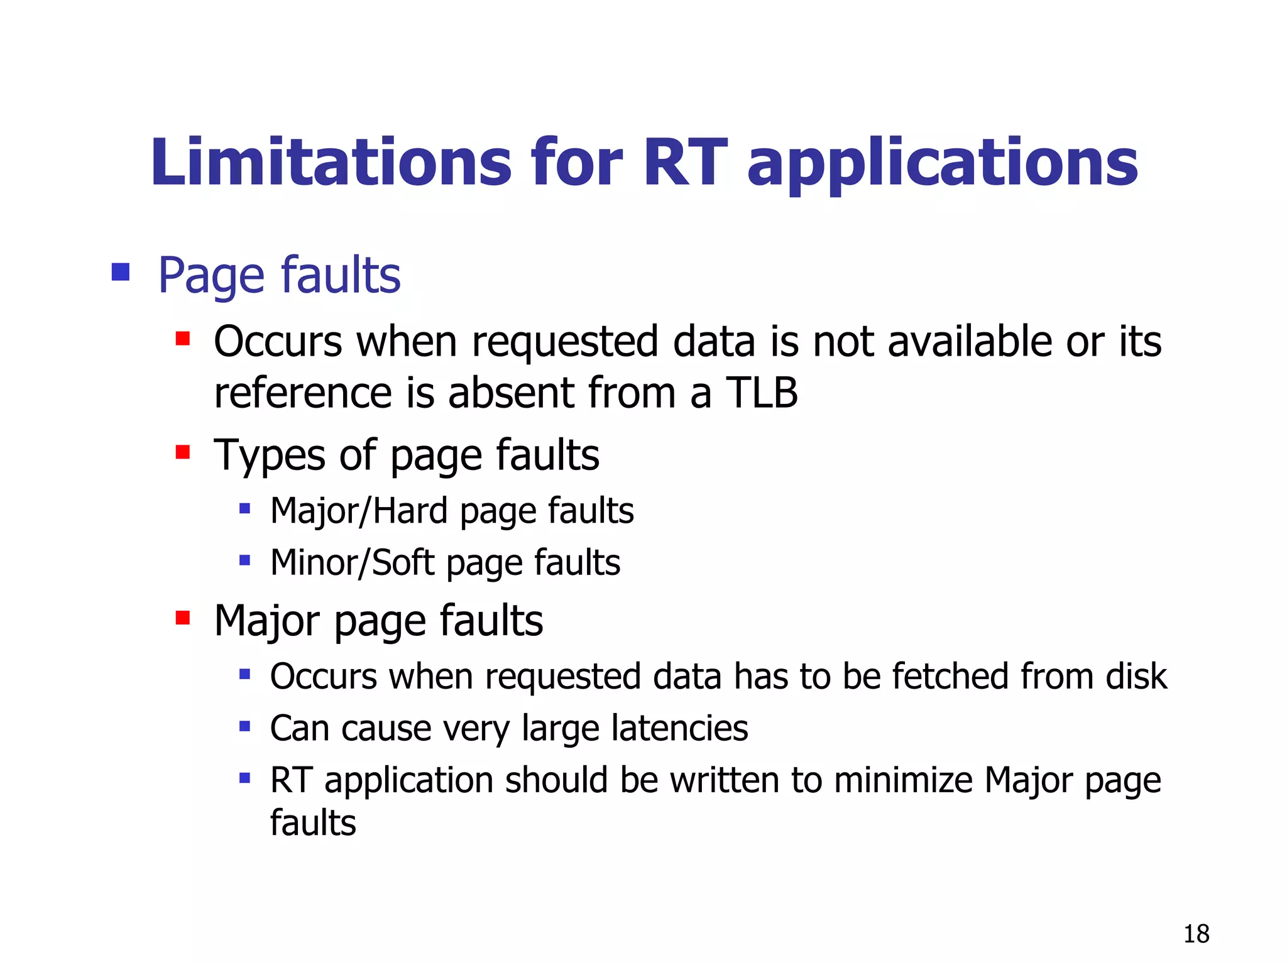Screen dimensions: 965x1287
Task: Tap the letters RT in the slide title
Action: (685, 163)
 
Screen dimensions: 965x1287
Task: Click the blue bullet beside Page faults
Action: (120, 272)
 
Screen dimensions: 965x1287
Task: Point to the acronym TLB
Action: (762, 393)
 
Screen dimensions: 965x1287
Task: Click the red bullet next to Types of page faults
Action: (183, 452)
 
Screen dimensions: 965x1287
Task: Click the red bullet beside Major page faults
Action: (183, 618)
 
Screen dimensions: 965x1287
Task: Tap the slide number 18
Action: (1196, 934)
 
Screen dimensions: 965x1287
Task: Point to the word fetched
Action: (950, 676)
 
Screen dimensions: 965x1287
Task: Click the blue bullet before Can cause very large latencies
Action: (245, 727)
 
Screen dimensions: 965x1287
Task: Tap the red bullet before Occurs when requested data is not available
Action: (183, 339)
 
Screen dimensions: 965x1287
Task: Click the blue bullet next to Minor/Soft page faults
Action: (245, 560)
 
